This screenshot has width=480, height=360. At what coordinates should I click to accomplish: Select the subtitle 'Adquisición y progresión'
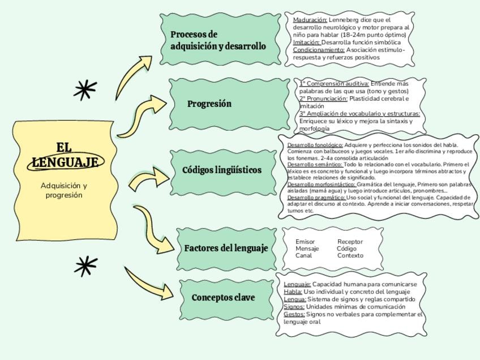click(x=64, y=190)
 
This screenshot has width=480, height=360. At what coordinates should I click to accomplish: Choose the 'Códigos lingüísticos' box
click(x=222, y=170)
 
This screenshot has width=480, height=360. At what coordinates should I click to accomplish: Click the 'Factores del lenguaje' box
click(x=226, y=248)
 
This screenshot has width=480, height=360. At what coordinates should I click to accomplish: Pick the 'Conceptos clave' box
click(x=224, y=298)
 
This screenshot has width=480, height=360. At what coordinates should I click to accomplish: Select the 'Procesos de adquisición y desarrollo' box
click(x=218, y=40)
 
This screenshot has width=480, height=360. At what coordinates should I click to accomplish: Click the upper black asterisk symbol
click(x=85, y=89)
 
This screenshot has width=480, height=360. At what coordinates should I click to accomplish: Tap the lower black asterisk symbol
click(x=85, y=265)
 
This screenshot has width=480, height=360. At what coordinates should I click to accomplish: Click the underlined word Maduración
click(x=310, y=20)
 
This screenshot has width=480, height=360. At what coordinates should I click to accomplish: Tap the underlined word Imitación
click(x=306, y=42)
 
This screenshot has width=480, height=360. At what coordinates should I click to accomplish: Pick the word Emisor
click(x=305, y=242)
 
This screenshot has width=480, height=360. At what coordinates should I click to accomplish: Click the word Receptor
click(x=350, y=242)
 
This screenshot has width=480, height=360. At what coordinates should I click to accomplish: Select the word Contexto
click(x=350, y=255)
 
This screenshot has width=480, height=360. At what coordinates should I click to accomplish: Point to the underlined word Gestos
click(x=294, y=314)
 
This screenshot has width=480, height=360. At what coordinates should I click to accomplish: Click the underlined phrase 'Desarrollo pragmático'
click(x=316, y=198)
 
